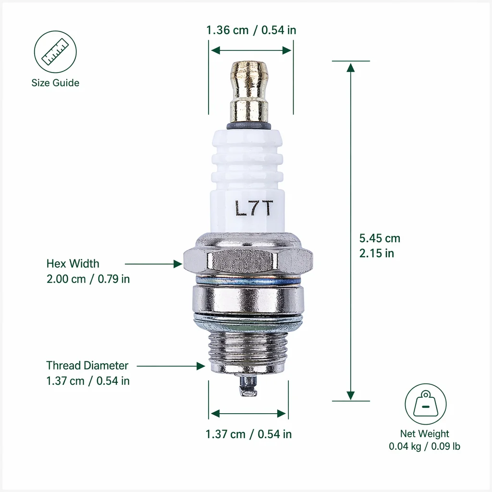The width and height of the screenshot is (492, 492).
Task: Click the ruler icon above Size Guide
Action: (x=55, y=52)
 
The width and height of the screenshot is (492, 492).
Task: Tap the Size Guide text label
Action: (x=55, y=83)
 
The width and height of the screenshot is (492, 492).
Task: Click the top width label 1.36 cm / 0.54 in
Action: (x=251, y=30)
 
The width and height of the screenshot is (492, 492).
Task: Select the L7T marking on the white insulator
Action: (x=254, y=209)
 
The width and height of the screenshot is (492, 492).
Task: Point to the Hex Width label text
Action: (x=73, y=264)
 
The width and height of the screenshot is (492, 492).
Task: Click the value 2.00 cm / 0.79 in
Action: (x=88, y=279)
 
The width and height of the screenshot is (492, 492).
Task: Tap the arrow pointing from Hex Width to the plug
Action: (x=153, y=264)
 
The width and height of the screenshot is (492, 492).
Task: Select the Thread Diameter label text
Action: (x=87, y=366)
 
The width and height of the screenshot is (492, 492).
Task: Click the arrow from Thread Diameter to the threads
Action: (x=171, y=366)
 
